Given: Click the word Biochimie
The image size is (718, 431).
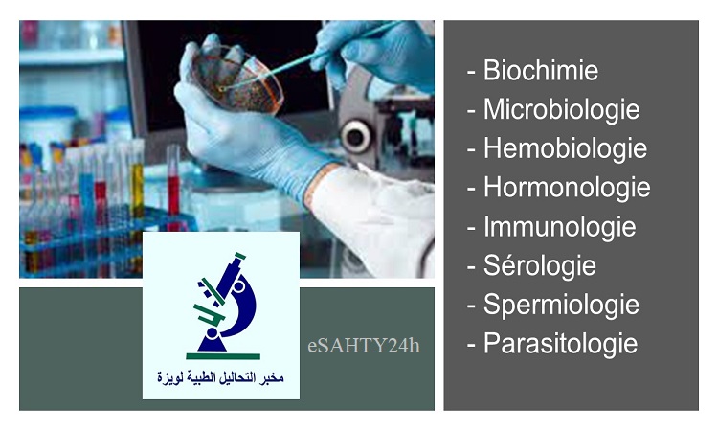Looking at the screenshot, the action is point(541,71).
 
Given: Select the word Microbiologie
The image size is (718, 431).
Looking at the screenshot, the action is point(562,110).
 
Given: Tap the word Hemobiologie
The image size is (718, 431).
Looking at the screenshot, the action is point(566,149).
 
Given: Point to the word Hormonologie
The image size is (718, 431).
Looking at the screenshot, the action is point(567,189).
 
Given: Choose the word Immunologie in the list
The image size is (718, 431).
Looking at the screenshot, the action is point(560,227).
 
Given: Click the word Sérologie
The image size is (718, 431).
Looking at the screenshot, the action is point(540,266).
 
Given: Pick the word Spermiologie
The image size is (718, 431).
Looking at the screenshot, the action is point(561,306).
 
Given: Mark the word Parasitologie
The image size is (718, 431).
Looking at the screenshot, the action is point(560,344).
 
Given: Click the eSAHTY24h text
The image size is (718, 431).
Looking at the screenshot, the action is point(364,346).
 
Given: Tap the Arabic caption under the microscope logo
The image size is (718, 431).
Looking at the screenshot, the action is point(221,378).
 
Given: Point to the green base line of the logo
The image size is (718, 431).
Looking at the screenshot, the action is point(223,356).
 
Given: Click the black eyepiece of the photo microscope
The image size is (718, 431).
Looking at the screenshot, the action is point(355,136).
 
